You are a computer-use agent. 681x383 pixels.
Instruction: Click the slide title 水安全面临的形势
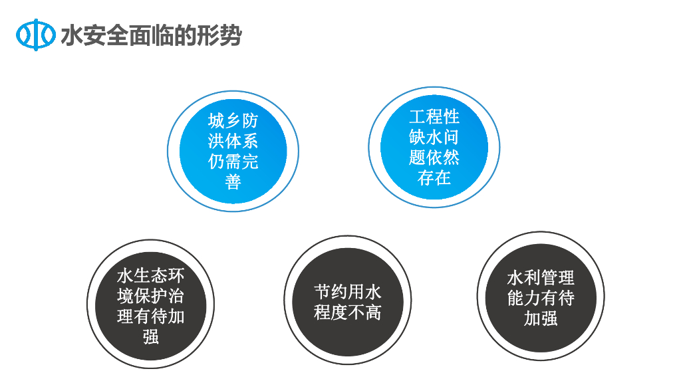coord(151,35)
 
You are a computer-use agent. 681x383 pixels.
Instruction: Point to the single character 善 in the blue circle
coord(233,182)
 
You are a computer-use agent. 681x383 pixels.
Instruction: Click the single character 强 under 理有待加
coord(151,336)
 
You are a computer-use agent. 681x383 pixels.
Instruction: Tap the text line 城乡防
coord(233,122)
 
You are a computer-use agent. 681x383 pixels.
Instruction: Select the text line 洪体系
coord(233,142)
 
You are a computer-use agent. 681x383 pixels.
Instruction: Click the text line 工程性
coord(434,118)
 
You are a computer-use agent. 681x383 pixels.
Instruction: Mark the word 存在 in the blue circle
coord(434,178)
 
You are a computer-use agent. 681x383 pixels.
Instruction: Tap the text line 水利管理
coord(540,277)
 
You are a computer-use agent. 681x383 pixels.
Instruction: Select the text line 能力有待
coord(540,298)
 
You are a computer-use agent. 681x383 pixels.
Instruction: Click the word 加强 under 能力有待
coord(540,319)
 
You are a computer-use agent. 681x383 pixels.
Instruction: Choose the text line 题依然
coord(434,158)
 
